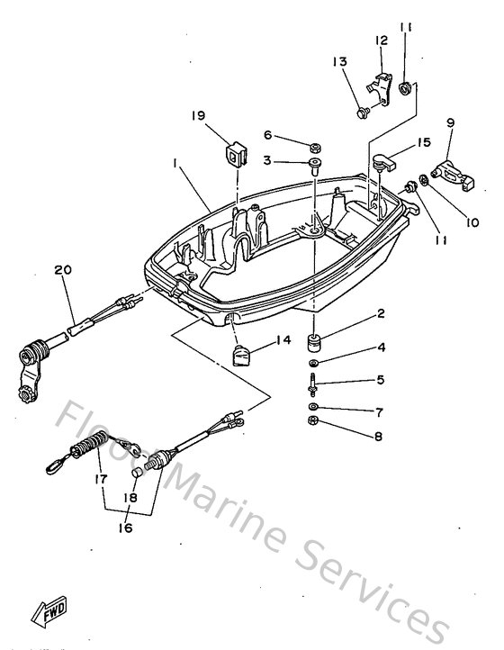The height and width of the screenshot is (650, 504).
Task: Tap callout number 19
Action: tap(198, 115)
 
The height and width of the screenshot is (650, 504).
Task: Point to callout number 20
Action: tap(61, 268)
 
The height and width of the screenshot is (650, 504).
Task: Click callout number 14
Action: tap(283, 341)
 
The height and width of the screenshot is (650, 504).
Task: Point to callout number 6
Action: tap(266, 135)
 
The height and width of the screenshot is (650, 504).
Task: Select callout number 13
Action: tap(339, 61)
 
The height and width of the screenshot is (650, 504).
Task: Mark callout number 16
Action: tap(124, 528)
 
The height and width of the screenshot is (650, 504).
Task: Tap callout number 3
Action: tap(266, 160)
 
